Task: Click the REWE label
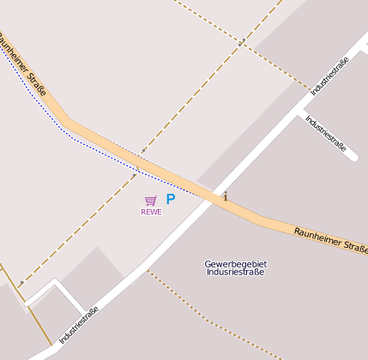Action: click(151, 212)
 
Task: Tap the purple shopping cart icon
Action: click(151, 201)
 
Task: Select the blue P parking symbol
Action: click(170, 199)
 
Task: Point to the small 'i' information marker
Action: click(226, 196)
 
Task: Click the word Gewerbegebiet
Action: click(236, 263)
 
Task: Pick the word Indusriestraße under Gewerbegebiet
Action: click(236, 272)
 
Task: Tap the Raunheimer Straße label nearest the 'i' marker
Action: click(330, 239)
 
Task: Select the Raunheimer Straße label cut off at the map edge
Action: click(23, 63)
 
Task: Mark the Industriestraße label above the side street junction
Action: click(329, 75)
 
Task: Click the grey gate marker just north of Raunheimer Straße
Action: click(143, 151)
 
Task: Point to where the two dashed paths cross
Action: click(241, 41)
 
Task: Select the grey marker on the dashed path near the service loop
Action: click(21, 283)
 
